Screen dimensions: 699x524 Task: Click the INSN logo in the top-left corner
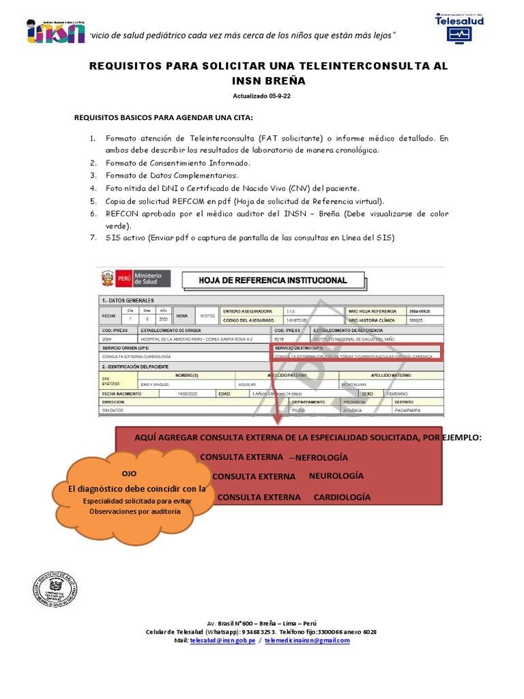[55, 31]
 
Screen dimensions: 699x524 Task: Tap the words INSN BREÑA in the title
[269, 81]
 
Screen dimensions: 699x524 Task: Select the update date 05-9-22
[274, 96]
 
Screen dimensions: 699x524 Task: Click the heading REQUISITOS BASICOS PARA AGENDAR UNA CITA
[163, 117]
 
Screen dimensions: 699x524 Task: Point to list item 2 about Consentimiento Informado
[178, 163]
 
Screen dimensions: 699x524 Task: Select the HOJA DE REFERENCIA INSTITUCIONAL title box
[272, 280]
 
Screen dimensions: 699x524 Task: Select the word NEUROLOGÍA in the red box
[336, 476]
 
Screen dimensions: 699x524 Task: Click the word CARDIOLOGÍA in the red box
[342, 497]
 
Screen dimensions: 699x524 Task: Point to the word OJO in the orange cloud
[129, 473]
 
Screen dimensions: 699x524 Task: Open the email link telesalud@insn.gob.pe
[222, 640]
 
